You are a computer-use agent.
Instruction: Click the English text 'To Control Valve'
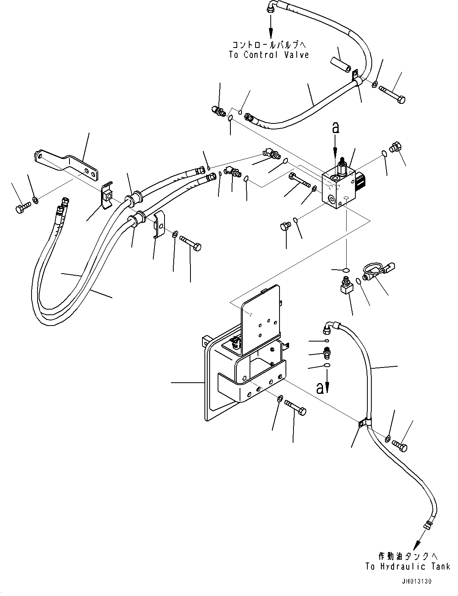[x=269, y=55]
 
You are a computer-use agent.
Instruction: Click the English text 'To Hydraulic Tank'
[x=408, y=566]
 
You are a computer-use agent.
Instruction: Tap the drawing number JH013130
[x=417, y=581]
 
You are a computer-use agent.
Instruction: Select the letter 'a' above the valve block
[x=336, y=127]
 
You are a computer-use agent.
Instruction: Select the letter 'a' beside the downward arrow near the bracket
[x=319, y=387]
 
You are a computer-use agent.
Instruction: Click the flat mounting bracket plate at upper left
[x=66, y=164]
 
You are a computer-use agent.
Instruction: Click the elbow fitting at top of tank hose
[x=330, y=326]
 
